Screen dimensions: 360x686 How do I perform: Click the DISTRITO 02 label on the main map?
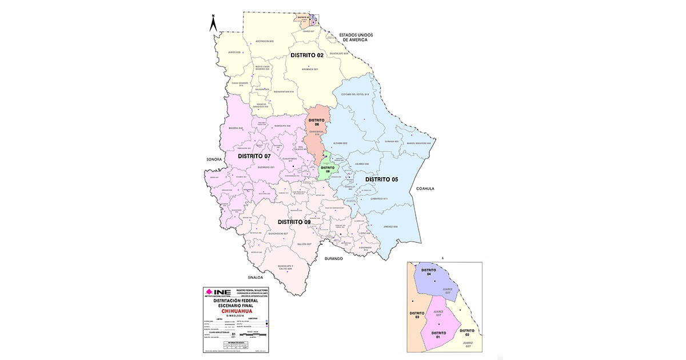(307, 55)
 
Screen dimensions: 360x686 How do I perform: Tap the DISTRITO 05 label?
(381, 179)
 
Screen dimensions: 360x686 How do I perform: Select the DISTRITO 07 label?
(254, 155)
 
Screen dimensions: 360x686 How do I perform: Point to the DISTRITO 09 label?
(294, 222)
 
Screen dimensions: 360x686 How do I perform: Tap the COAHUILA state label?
(426, 188)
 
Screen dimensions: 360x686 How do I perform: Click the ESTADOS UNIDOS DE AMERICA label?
(356, 37)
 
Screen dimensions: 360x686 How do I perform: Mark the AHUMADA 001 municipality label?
(309, 69)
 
